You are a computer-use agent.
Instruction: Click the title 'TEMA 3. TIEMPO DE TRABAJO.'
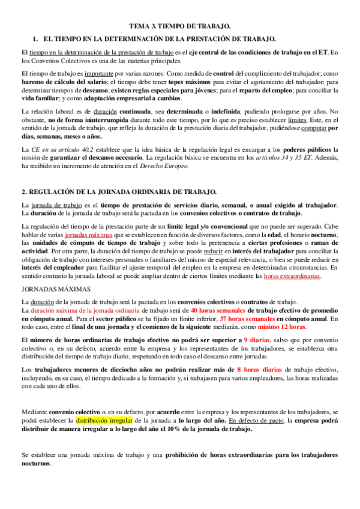[180, 27]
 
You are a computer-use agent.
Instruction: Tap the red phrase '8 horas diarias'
[260, 370]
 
